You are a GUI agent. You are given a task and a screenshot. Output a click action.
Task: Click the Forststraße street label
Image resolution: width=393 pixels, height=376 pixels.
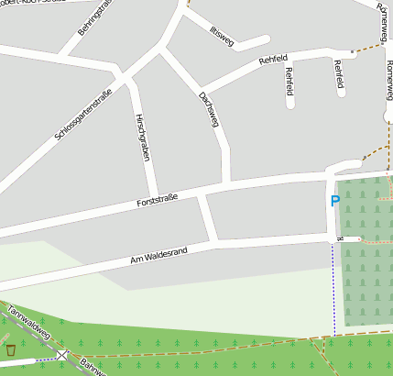point(157,198)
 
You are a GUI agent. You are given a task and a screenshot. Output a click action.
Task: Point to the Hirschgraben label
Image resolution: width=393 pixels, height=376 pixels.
point(142,138)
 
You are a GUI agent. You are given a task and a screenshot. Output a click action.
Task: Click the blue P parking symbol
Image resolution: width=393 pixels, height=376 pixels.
point(335,201)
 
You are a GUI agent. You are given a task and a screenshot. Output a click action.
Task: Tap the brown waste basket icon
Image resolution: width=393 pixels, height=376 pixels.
point(11,349)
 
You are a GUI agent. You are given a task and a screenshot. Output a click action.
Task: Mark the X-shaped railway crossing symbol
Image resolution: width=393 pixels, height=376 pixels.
point(61,354)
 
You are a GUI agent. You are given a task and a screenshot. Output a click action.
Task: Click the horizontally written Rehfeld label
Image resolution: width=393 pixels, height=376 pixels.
point(273,61)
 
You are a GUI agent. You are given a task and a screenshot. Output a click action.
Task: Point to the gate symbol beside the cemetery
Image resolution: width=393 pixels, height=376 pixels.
point(340,238)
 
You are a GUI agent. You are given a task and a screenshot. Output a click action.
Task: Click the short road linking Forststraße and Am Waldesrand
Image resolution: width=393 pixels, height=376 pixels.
point(209,219)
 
